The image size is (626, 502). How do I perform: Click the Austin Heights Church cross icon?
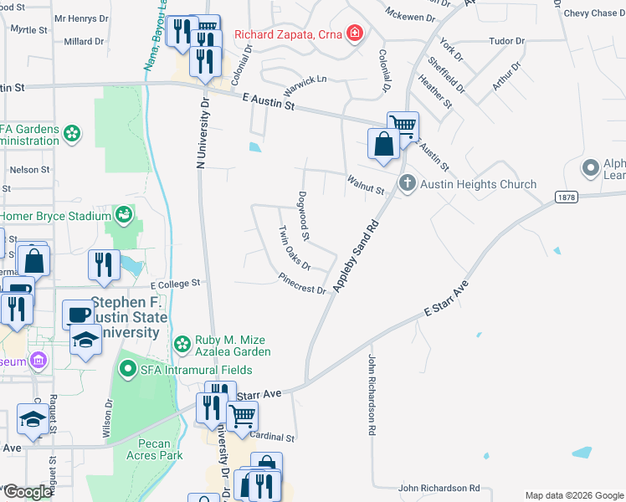pos(407,182)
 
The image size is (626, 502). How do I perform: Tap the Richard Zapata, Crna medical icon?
pos(356,34)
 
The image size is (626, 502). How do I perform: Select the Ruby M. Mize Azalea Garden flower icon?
pos(182,344)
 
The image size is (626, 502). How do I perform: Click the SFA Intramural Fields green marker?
pos(127,367)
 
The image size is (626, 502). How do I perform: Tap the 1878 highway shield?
pos(565,195)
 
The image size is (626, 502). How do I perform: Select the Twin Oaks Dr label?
pos(295,247)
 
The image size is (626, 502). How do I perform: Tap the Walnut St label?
pos(365,184)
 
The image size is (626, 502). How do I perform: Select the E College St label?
pos(176,284)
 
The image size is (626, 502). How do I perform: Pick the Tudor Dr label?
pos(506,40)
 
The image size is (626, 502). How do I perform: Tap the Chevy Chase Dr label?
pos(593,13)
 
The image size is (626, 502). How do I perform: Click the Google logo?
pos(27,492)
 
